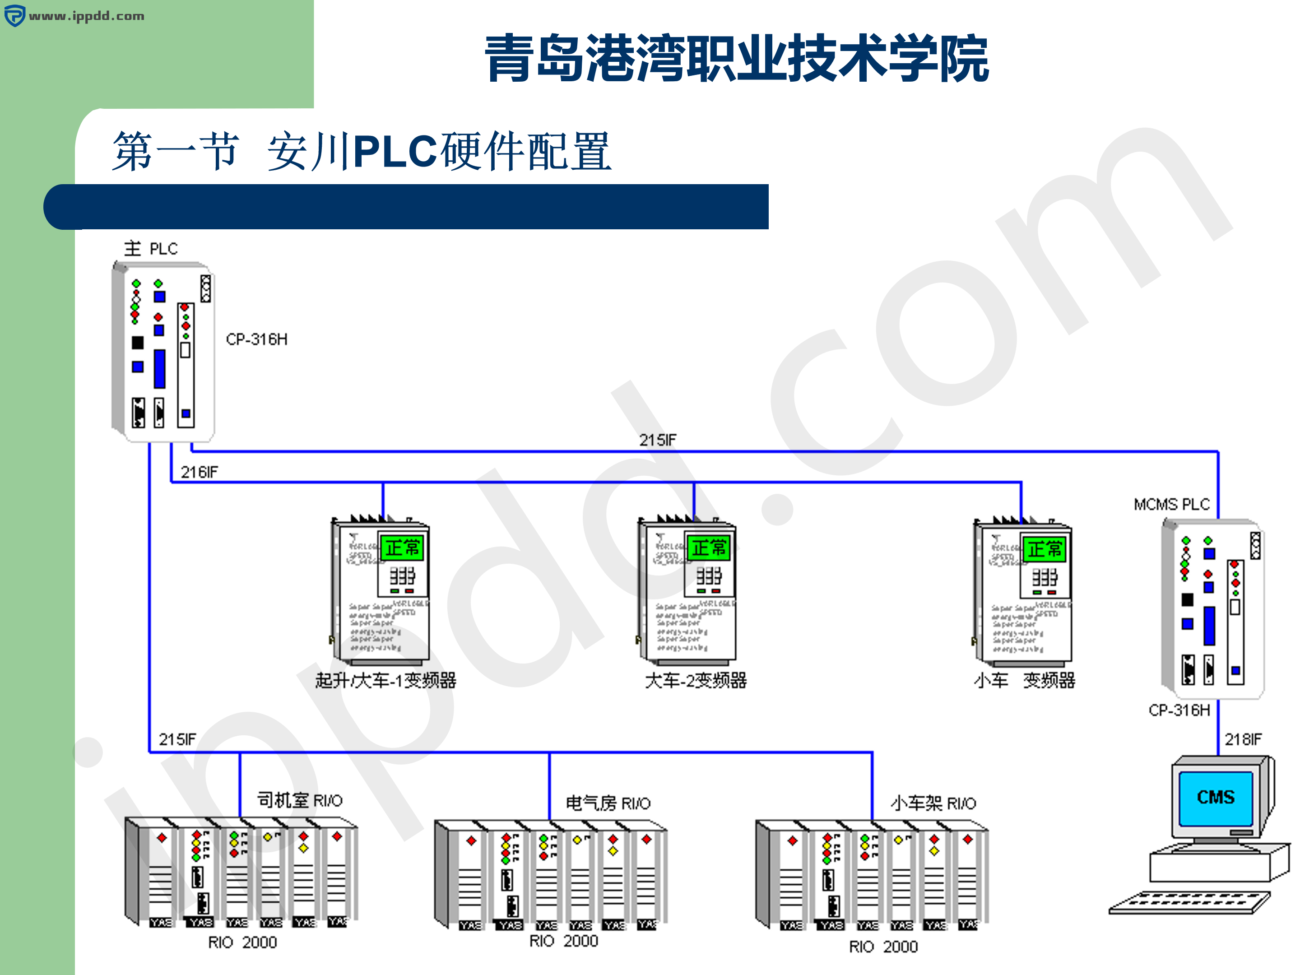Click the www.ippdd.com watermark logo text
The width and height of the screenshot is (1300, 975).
[86, 16]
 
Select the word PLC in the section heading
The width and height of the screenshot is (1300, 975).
[395, 152]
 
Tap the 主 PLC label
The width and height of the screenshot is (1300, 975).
[150, 249]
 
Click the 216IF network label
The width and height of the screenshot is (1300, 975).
[199, 472]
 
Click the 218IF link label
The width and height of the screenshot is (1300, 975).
[1242, 739]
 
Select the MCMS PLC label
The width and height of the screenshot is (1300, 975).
[1171, 504]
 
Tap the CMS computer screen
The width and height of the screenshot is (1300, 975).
[1216, 798]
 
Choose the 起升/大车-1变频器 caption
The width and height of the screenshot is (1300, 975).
[385, 681]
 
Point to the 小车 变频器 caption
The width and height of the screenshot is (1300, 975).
[1024, 681]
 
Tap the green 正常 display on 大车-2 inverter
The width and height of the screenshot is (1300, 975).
[708, 548]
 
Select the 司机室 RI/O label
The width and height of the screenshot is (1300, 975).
[300, 800]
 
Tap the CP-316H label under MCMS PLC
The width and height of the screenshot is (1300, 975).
[1179, 710]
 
